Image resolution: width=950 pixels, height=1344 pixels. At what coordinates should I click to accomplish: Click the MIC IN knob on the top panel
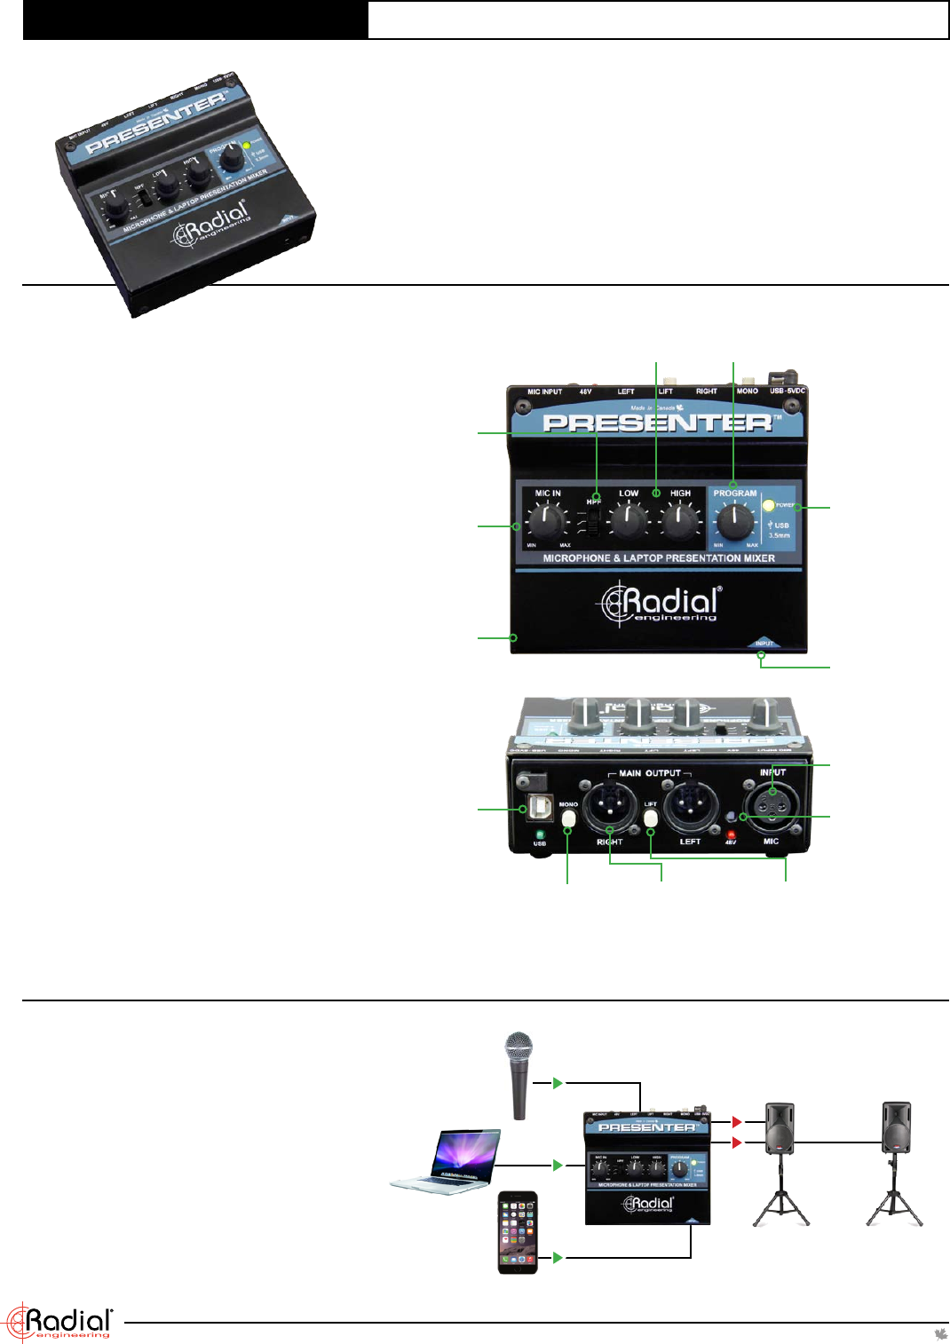click(545, 520)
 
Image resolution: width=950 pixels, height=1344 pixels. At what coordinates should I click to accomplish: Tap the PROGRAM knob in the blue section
click(734, 521)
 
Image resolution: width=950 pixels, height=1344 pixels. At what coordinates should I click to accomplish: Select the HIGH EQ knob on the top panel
click(680, 521)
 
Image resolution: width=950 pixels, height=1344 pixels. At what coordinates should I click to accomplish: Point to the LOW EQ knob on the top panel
click(629, 521)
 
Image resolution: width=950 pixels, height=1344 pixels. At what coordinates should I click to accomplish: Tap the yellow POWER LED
click(769, 506)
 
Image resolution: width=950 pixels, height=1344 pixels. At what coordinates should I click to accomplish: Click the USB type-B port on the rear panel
click(539, 807)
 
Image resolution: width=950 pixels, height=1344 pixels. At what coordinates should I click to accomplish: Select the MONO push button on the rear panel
click(569, 817)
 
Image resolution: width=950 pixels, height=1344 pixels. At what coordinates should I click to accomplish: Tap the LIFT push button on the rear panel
click(651, 817)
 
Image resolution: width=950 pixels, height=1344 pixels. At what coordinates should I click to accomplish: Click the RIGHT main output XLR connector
click(609, 805)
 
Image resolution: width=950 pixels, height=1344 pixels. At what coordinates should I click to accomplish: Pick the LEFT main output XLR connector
click(690, 805)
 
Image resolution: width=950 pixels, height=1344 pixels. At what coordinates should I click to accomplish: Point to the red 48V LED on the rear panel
click(731, 834)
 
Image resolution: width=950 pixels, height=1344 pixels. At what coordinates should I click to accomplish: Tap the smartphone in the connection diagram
click(518, 1232)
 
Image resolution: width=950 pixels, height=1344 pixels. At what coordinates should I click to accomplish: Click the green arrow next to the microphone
click(558, 1083)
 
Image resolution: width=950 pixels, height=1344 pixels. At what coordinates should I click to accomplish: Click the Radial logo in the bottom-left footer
click(59, 1322)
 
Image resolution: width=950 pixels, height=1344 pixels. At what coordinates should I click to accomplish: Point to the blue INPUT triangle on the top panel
click(764, 643)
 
